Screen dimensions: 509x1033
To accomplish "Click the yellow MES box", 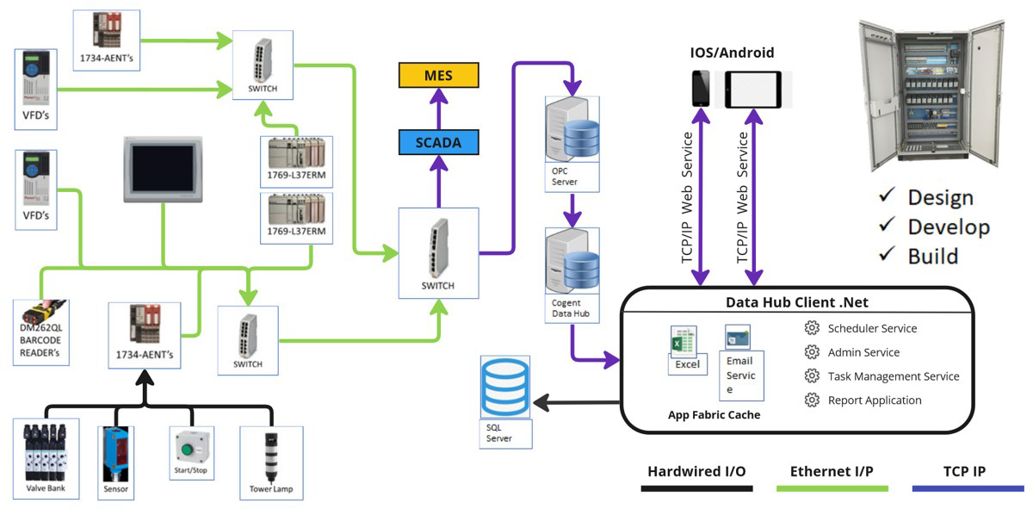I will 437,75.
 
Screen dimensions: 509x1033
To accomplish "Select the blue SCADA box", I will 437,142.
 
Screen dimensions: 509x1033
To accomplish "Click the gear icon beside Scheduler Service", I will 811,328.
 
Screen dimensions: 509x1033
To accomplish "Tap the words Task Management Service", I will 893,376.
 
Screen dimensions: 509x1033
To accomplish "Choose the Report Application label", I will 874,400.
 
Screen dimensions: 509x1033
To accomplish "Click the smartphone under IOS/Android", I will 702,89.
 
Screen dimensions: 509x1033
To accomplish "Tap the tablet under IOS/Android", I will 757,89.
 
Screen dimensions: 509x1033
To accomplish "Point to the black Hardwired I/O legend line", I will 696,488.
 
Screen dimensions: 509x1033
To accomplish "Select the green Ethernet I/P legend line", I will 832,488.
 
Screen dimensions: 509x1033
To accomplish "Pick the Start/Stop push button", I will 190,449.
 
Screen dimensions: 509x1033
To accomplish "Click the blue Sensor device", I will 115,452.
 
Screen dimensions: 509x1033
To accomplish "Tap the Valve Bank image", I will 45,453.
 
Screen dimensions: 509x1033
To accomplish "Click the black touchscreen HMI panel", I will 163,167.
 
